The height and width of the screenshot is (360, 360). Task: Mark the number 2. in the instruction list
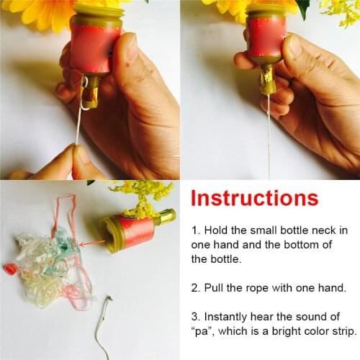[197, 288]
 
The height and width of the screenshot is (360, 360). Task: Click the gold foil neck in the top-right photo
[268, 79]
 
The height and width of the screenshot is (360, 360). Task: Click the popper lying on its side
[133, 227]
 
